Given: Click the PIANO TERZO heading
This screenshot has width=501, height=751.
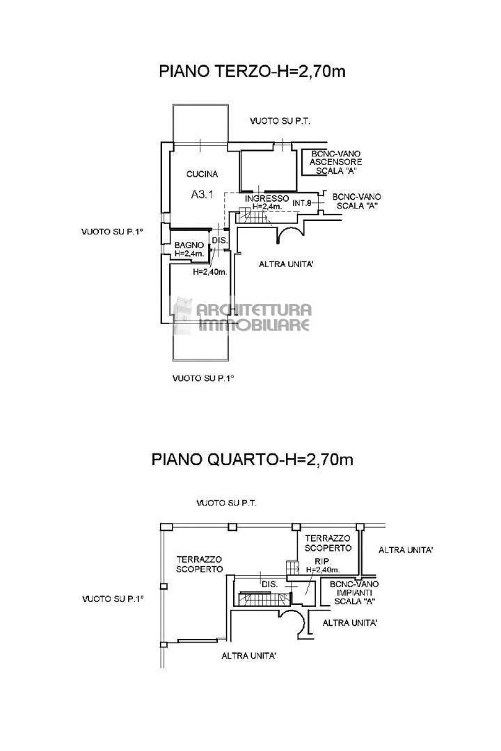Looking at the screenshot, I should [x=253, y=71].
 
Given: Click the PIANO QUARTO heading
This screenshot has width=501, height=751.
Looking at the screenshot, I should [x=253, y=460].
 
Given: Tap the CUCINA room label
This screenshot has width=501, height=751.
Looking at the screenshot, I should [x=202, y=175].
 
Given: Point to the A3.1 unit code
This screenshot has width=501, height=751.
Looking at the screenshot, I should [x=204, y=195].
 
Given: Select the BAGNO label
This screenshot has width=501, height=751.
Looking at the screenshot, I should [x=189, y=245].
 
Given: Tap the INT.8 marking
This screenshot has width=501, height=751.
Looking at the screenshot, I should [x=302, y=203].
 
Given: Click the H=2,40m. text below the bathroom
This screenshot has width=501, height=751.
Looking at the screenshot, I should [x=210, y=272].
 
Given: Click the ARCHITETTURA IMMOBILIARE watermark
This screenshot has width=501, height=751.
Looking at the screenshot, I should [x=254, y=317].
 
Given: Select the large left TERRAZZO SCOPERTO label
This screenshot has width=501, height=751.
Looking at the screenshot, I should [x=199, y=564].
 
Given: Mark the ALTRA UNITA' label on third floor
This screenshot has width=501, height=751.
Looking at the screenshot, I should [x=287, y=264].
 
